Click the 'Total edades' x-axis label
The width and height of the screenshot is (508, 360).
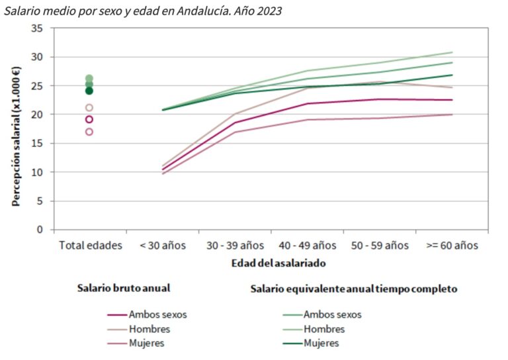click(91, 246)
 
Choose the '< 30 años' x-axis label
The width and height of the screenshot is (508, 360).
click(163, 246)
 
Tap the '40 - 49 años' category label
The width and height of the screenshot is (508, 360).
click(308, 246)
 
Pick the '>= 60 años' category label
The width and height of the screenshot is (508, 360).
click(452, 246)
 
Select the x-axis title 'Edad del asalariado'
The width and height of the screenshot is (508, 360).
click(278, 263)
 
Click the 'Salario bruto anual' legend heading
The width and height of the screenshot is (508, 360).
click(124, 289)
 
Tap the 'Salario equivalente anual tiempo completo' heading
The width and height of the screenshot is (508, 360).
click(354, 289)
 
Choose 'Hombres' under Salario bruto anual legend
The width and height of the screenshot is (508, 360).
click(149, 329)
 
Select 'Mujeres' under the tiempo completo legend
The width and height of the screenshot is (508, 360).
click(321, 343)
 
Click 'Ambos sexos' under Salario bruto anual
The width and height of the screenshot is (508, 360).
click(157, 315)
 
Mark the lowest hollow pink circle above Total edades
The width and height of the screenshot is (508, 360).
click(89, 132)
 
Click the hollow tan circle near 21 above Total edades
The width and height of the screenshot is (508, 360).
click(89, 108)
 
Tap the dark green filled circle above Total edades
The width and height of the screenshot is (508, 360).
click(89, 91)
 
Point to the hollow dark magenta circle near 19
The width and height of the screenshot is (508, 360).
click(89, 120)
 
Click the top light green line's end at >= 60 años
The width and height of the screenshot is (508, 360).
click(452, 52)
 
